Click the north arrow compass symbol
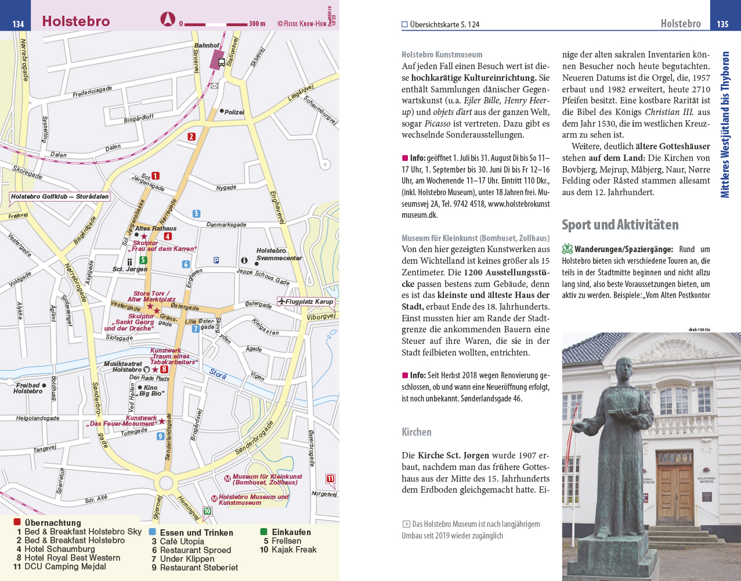(x=168, y=20)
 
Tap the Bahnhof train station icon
(x=221, y=61)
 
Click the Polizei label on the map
(x=234, y=112)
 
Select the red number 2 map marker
(x=191, y=137)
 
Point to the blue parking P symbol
(x=216, y=260)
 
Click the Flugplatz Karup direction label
(x=309, y=302)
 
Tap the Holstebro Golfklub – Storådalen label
(x=60, y=196)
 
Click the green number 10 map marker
(x=207, y=511)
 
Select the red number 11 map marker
(x=330, y=479)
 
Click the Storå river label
(x=218, y=375)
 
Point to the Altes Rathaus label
(x=156, y=228)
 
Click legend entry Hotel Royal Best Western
(x=72, y=558)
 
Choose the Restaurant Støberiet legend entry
(x=198, y=568)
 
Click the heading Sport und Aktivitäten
(x=620, y=225)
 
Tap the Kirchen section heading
(x=416, y=432)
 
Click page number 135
(x=722, y=24)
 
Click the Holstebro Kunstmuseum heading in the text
(x=442, y=55)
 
